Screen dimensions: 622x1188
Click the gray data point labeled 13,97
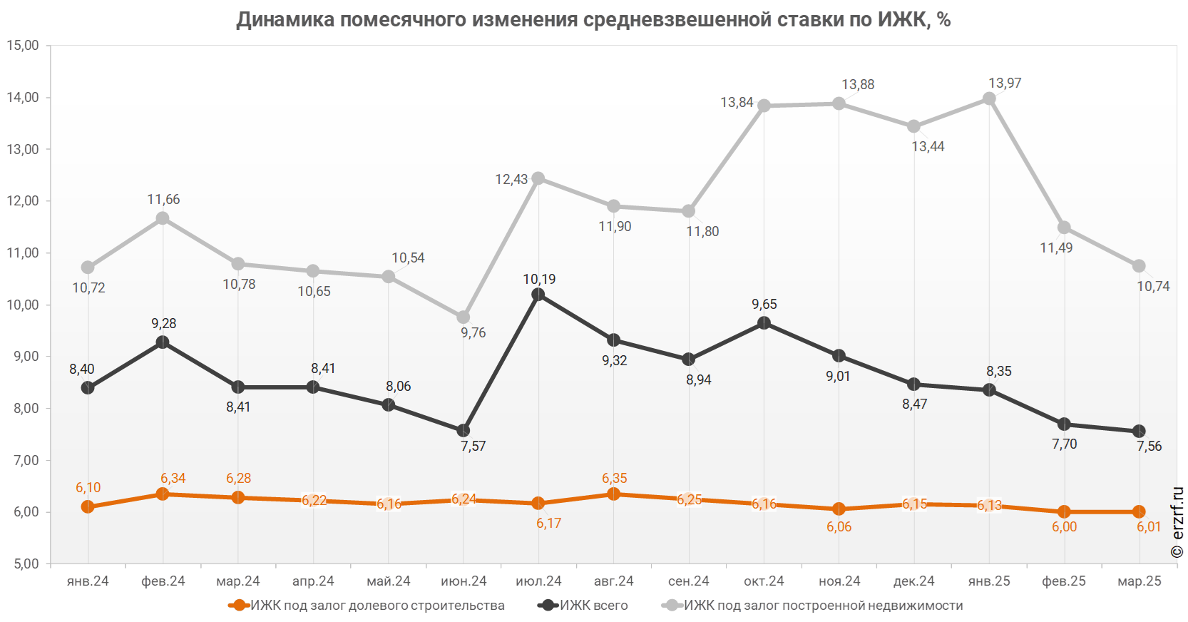tap(989, 98)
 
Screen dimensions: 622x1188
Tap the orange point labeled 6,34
tap(163, 494)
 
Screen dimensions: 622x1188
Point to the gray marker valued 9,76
tap(464, 317)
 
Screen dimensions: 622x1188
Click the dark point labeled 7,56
tap(1139, 431)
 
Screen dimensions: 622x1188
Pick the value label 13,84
tap(737, 103)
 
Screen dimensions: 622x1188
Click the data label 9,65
tap(764, 305)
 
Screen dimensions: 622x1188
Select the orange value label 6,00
tap(1064, 527)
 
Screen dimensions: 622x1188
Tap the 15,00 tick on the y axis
tap(23, 46)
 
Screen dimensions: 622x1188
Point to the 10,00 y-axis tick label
tap(23, 305)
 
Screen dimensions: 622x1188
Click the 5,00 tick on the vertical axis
tap(23, 564)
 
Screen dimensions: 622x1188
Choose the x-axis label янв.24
tap(88, 581)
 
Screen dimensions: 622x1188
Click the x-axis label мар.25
tap(1140, 581)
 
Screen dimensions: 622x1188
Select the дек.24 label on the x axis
tap(914, 581)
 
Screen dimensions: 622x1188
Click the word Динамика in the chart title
tap(285, 19)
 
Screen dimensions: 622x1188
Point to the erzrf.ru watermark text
tap(1177, 522)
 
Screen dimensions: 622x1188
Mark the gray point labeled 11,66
tap(163, 218)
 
